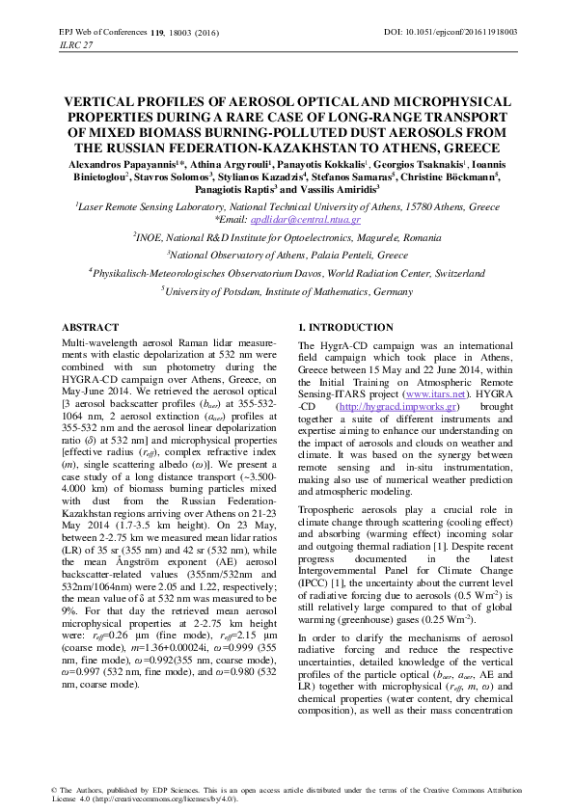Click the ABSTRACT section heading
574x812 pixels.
tap(90, 328)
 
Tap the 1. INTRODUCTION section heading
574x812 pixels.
tap(345, 328)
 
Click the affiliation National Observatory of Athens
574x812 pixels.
tap(288, 255)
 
